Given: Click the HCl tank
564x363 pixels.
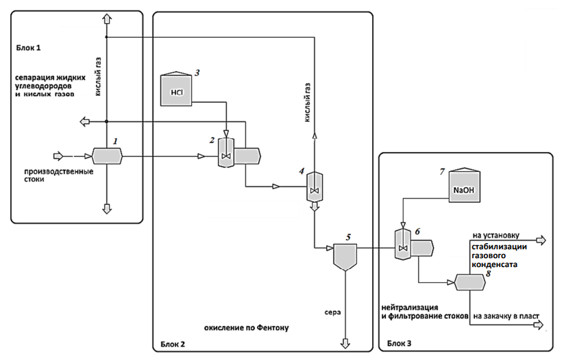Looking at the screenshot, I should pyautogui.click(x=176, y=90).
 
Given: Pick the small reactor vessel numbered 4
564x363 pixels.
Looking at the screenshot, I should pyautogui.click(x=315, y=186).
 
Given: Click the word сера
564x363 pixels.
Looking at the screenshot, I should pyautogui.click(x=333, y=312).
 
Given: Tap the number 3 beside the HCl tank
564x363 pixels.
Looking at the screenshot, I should pyautogui.click(x=196, y=72).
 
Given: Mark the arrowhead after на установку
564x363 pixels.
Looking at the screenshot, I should pyautogui.click(x=542, y=240).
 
